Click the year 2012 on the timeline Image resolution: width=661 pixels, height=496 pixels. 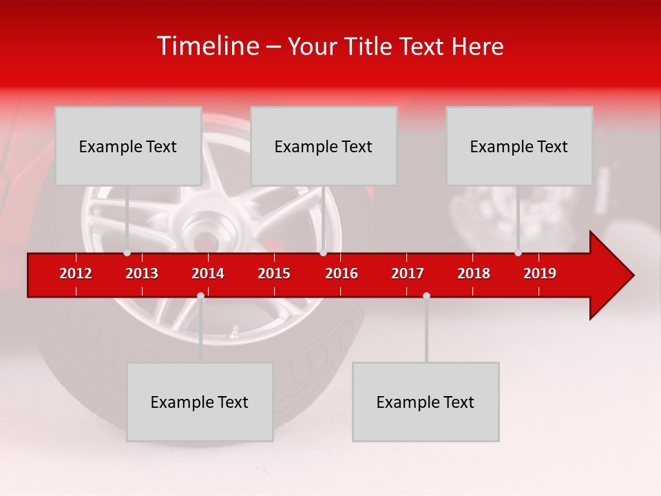[76, 273]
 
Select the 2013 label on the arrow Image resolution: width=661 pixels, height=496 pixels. [142, 273]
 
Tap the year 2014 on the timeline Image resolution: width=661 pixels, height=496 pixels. [208, 273]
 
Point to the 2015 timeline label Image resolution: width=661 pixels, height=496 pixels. [274, 273]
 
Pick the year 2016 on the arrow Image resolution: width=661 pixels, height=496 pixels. [342, 273]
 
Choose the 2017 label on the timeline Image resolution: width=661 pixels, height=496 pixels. [408, 273]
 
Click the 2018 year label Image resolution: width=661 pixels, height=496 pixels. [474, 273]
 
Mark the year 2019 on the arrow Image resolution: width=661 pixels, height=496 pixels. [540, 273]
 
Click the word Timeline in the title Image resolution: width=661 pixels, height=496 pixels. [207, 46]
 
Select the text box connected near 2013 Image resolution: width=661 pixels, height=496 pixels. [128, 146]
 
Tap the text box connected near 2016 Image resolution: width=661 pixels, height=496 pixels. [324, 146]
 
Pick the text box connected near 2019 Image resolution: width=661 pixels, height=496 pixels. [519, 146]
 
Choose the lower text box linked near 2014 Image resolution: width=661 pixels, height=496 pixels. [200, 402]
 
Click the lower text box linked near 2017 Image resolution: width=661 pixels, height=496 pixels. [426, 402]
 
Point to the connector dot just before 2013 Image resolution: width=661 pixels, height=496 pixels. [127, 253]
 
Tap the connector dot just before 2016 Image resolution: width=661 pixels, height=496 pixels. [324, 253]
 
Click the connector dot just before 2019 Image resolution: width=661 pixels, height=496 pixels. [518, 253]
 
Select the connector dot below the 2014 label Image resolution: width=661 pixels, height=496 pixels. [200, 296]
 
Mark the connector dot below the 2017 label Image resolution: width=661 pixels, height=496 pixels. [426, 296]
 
